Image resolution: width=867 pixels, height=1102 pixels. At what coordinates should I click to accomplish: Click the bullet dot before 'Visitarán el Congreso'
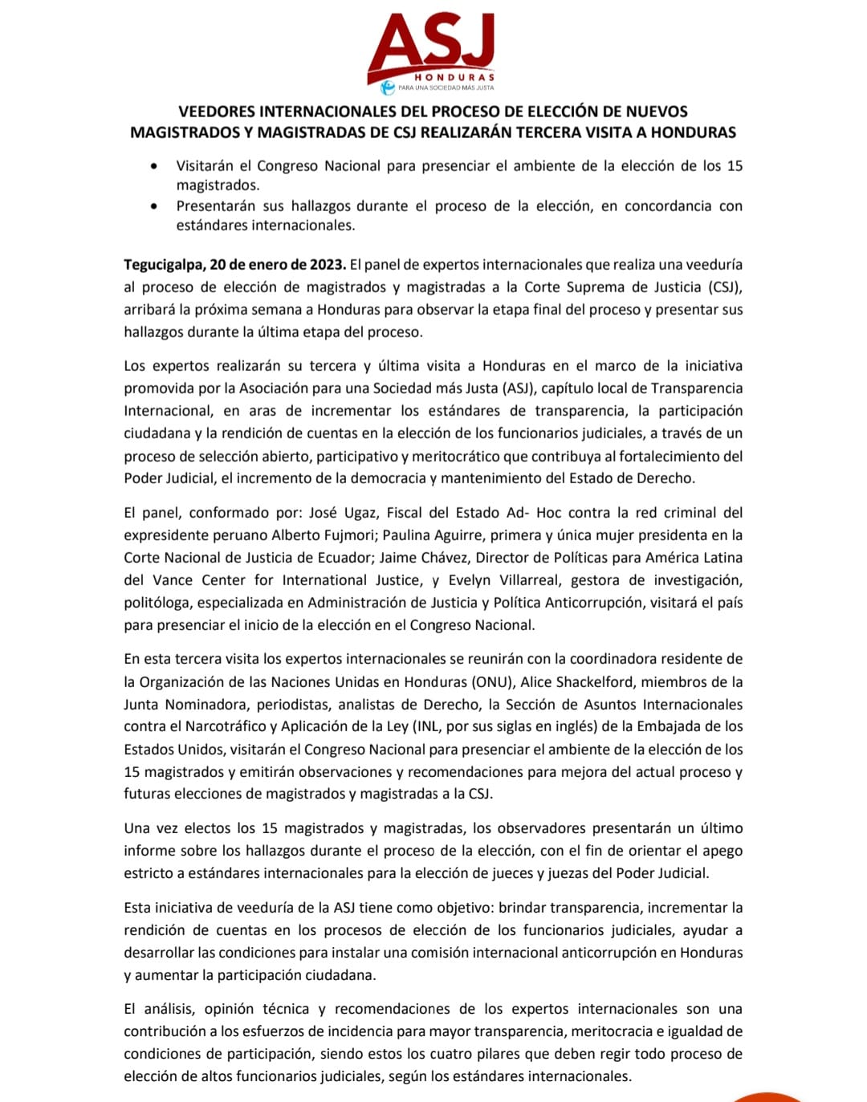click(154, 166)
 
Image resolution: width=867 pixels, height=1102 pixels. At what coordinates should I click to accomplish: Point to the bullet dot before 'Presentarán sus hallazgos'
click(154, 206)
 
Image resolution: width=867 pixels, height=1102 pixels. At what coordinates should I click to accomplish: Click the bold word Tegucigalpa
click(163, 265)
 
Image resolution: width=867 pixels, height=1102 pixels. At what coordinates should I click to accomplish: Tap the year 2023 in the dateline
click(328, 265)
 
